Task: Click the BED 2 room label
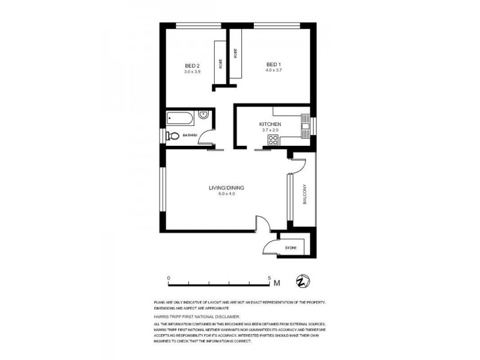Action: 192,65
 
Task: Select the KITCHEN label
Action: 270,124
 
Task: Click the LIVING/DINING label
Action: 226,188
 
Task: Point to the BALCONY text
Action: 305,194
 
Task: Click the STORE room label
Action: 290,247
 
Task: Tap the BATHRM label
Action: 190,136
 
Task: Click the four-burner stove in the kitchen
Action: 272,140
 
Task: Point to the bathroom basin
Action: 203,116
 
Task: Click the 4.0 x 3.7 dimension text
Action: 274,71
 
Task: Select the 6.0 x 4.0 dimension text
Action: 226,194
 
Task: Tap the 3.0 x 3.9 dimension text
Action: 192,71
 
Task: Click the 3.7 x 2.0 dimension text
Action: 270,130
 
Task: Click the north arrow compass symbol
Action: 303,281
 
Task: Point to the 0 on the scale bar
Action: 169,278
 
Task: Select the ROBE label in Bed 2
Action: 221,64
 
